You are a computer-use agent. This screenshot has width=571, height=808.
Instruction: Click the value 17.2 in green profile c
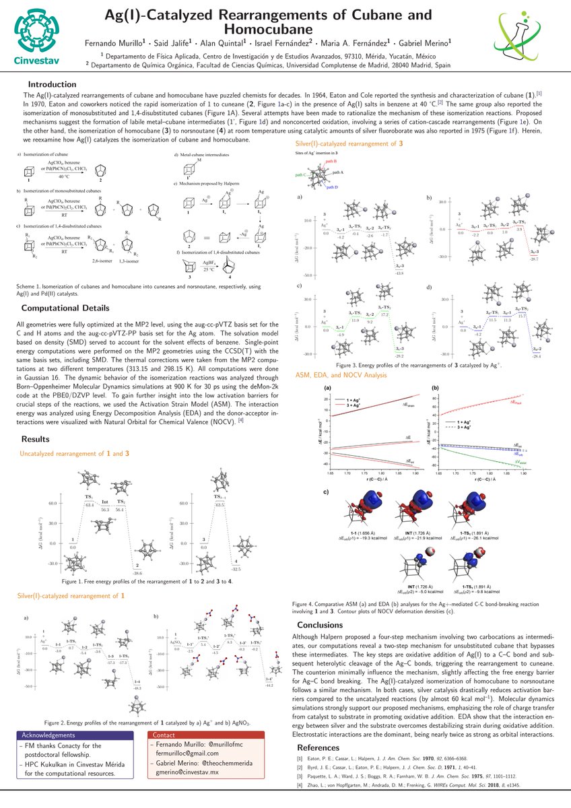386,315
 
